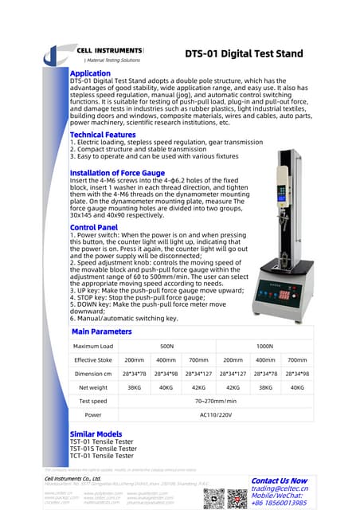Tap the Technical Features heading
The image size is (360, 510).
pos(103,135)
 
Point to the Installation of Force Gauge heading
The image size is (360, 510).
pos(117,173)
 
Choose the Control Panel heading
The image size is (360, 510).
pos(93,227)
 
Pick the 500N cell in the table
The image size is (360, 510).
pos(167,347)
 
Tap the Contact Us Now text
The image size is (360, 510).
pos(279,481)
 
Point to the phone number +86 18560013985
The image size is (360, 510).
pos(279,504)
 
